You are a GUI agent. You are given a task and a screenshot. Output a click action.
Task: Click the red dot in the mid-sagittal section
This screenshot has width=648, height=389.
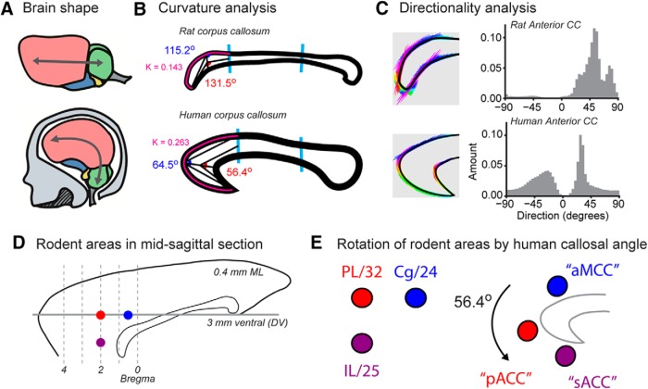point(100,315)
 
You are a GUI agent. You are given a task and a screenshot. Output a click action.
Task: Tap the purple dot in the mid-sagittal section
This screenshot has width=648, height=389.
point(100,344)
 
